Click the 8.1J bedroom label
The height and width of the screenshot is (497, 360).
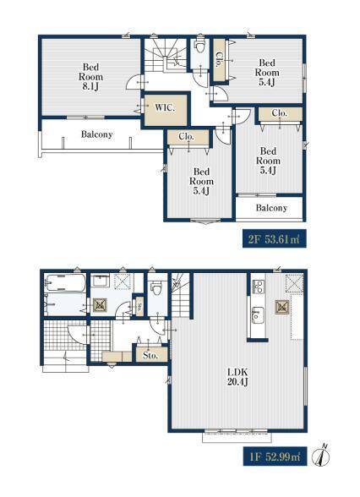click(90, 77)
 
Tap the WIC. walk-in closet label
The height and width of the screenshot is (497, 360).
click(165, 107)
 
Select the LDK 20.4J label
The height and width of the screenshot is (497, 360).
click(237, 377)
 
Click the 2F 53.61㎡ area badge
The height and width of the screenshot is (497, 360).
click(275, 238)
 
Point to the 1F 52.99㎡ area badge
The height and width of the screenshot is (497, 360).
click(275, 456)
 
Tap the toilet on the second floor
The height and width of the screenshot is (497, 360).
click(199, 47)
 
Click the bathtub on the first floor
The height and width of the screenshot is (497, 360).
click(64, 282)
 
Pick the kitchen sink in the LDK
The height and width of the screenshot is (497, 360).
click(257, 314)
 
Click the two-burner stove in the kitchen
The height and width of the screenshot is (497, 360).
click(259, 287)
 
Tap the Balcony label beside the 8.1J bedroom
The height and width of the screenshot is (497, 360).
click(96, 134)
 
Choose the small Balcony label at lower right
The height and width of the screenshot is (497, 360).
click(271, 208)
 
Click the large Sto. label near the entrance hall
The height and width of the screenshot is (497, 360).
click(150, 355)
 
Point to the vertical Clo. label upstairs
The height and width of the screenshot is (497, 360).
click(219, 59)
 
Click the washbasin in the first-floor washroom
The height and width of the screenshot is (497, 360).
click(101, 281)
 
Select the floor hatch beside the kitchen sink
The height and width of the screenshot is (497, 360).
click(282, 307)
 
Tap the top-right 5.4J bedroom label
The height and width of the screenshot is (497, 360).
click(267, 73)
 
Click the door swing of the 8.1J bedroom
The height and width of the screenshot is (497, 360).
click(134, 82)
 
